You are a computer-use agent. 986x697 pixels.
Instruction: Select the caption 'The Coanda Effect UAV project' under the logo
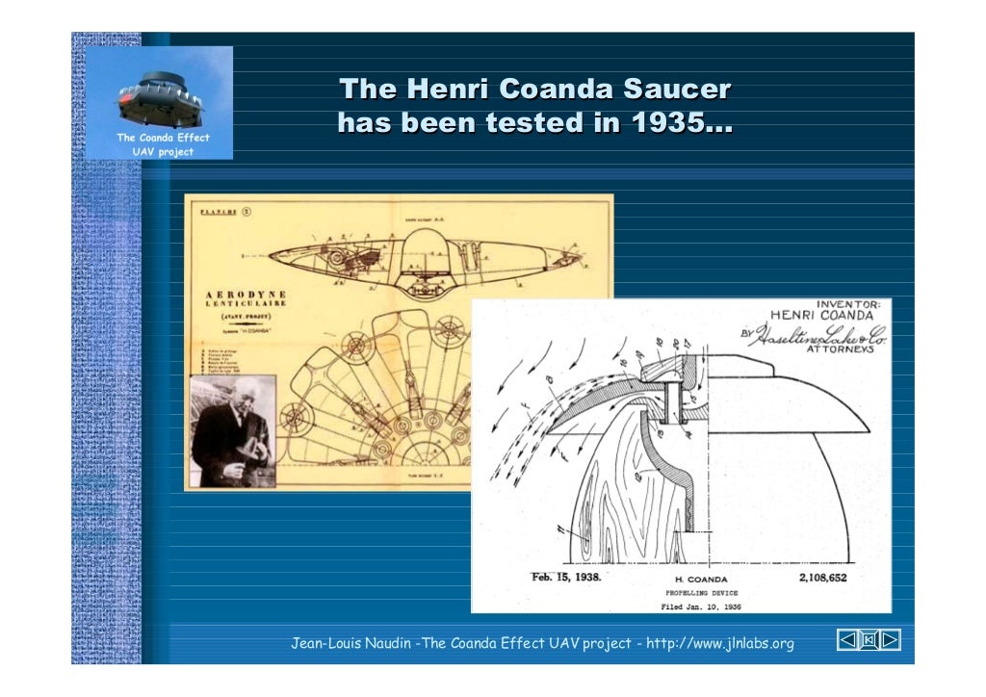click(x=162, y=144)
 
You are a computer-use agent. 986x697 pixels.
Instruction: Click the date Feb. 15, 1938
click(x=566, y=578)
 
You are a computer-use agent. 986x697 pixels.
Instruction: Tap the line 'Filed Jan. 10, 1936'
click(x=701, y=607)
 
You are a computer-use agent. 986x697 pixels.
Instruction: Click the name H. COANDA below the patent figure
click(x=701, y=580)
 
